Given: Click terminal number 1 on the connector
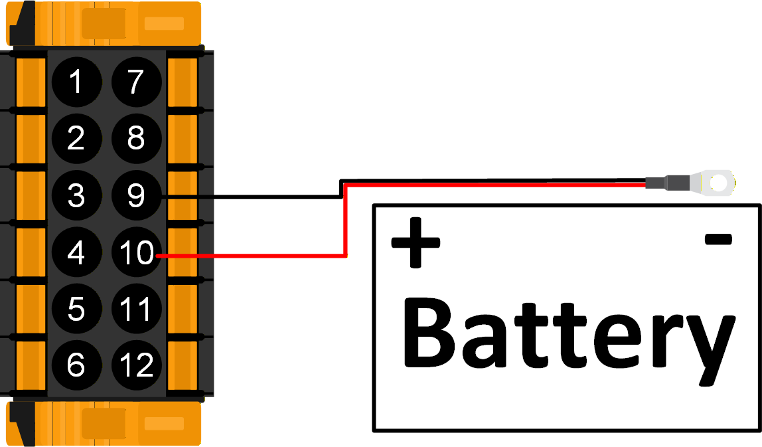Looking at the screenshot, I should click(76, 82).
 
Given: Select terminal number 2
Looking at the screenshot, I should click(76, 139).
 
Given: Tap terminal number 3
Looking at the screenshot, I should click(76, 196).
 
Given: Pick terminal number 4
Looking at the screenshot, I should click(76, 252).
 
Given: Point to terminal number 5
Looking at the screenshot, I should click(76, 309).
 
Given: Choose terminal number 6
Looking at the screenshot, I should click(76, 365).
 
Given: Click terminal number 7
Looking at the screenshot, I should click(136, 82).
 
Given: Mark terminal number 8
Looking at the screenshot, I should click(136, 139).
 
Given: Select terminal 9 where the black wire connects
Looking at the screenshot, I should click(136, 196).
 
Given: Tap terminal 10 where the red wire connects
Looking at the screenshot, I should click(136, 252).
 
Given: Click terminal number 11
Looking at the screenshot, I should click(136, 309).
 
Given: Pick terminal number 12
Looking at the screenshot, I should click(136, 365).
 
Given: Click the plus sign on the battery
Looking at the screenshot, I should click(416, 242).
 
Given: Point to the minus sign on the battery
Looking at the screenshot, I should click(718, 239).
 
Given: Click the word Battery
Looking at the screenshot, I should click(568, 335).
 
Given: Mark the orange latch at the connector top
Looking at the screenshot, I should click(106, 23).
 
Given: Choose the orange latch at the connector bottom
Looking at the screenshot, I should click(106, 423).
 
